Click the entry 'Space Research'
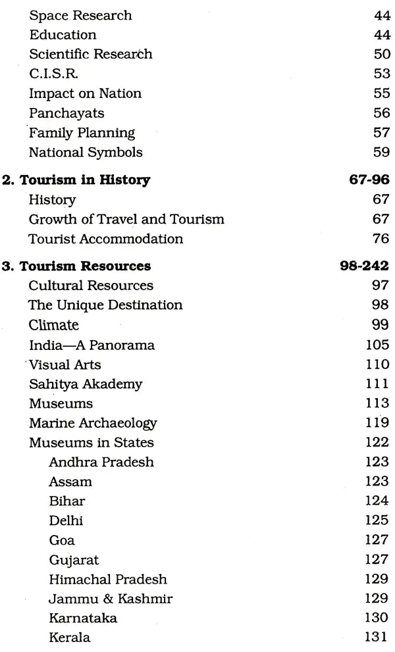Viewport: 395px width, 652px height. [x=80, y=15]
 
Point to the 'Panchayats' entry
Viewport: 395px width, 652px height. [x=66, y=113]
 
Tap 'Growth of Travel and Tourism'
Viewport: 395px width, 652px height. [x=126, y=218]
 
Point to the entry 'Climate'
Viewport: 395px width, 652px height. [x=53, y=325]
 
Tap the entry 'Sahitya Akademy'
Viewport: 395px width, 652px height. [x=86, y=384]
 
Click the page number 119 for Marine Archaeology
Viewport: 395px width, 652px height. [x=377, y=423]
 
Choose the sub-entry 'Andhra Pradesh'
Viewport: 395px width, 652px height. [x=101, y=462]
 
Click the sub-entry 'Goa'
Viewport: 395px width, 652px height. [x=62, y=540]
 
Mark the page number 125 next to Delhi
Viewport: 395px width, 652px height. [x=377, y=520]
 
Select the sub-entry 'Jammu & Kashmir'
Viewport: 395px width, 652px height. [x=111, y=599]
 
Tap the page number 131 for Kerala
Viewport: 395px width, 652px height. [x=377, y=638]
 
